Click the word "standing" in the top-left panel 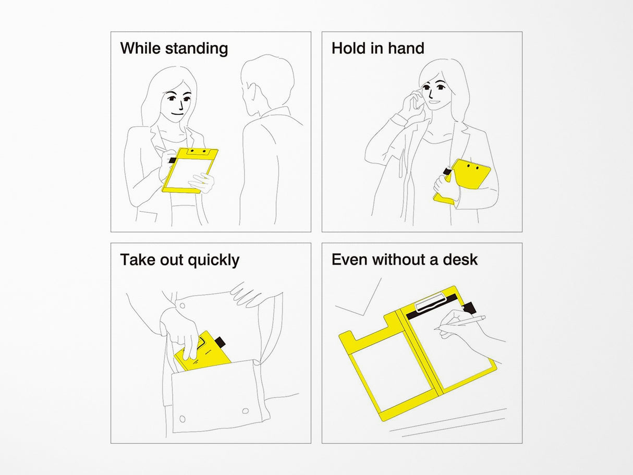coord(197,48)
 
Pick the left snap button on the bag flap coord(182,418)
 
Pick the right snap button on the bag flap coord(245,411)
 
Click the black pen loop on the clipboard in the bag coord(221,341)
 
